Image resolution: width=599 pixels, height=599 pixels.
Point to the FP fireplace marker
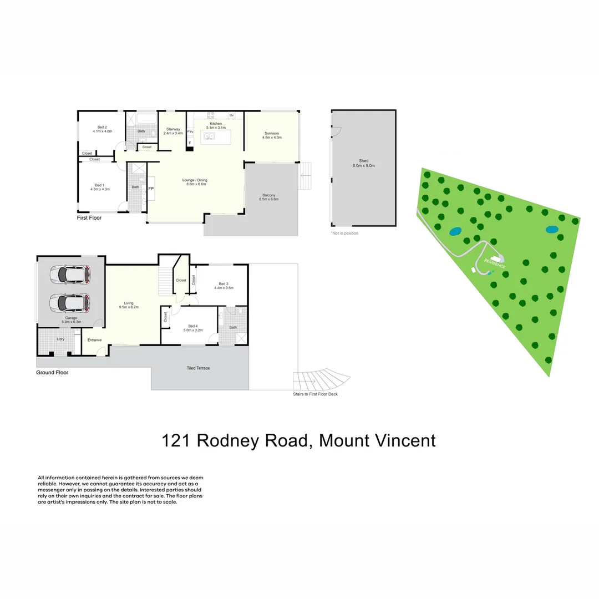coord(151,189)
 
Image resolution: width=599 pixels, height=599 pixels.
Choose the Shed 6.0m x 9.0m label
coord(363,163)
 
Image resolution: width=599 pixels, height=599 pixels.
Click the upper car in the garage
coord(70,274)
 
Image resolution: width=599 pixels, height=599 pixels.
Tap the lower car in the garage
coord(70,302)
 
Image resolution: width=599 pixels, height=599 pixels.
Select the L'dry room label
coord(60,339)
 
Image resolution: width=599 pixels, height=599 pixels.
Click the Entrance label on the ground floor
coord(94,340)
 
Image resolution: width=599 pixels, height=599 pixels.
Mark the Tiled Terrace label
coord(198,368)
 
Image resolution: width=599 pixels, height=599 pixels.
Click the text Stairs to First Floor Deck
coord(315,394)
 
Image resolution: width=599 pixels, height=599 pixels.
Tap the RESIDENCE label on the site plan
coord(494,263)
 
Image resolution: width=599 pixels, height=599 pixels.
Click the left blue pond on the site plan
coord(455,231)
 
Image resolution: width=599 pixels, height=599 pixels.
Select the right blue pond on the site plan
coord(551,229)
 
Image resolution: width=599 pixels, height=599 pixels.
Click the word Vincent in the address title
coord(402,441)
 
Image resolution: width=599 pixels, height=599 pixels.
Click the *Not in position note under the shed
coord(344,233)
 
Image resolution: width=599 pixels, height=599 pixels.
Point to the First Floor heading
coord(89,218)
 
